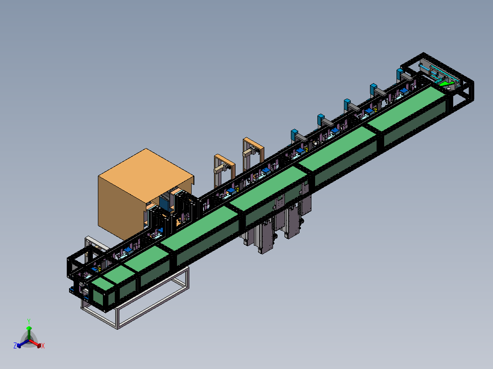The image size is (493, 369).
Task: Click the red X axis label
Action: (43, 346)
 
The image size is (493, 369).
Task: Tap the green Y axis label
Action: (29, 322)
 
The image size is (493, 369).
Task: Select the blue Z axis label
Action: (15, 345)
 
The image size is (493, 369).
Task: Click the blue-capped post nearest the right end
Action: (400, 74)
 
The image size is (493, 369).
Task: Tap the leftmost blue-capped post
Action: (295, 135)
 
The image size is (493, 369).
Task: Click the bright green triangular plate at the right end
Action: (446, 84)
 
